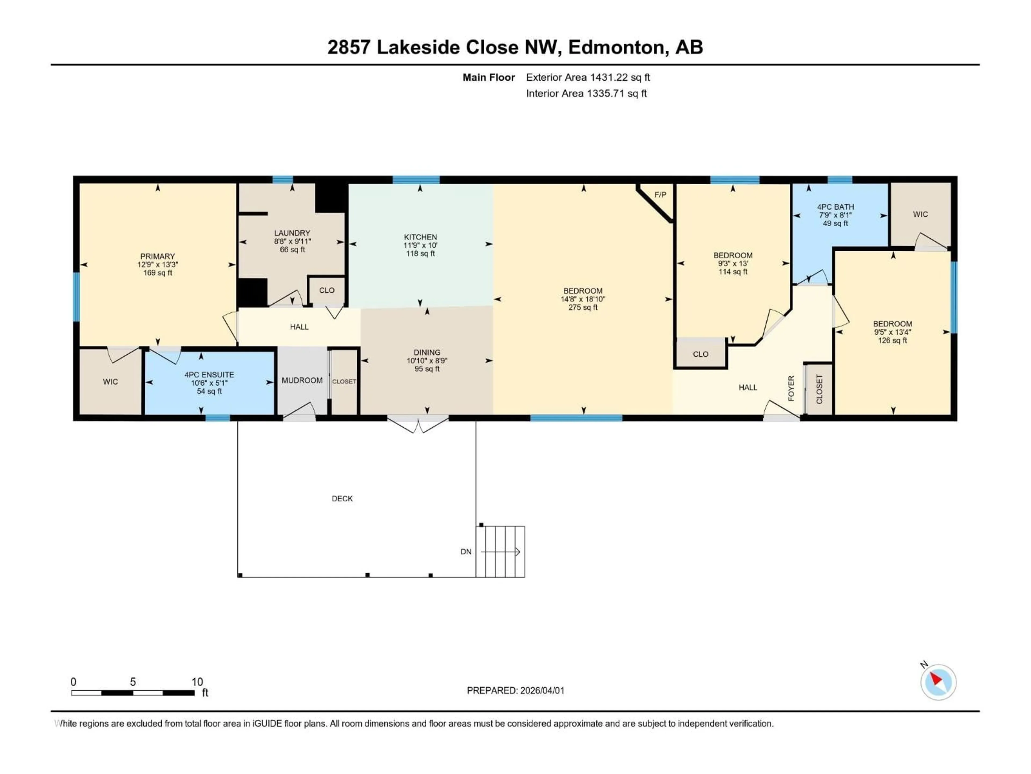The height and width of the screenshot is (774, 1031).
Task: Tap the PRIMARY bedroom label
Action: tap(158, 256)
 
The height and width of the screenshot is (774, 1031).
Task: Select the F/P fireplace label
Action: tap(660, 195)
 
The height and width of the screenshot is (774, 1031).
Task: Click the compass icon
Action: tap(938, 682)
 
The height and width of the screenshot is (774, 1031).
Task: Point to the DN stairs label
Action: tap(466, 551)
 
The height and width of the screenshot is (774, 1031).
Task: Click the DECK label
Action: tap(342, 498)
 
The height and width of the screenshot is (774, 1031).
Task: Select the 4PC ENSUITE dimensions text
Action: tap(209, 383)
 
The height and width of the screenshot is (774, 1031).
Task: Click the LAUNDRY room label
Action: tap(292, 233)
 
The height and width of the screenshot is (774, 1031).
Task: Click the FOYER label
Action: tap(791, 388)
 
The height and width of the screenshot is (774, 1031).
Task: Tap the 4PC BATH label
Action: tap(835, 207)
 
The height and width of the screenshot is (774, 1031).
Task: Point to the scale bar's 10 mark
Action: tap(197, 682)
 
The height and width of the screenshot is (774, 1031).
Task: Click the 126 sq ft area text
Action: tap(892, 341)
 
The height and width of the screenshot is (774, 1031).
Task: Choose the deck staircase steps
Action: tap(500, 551)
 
